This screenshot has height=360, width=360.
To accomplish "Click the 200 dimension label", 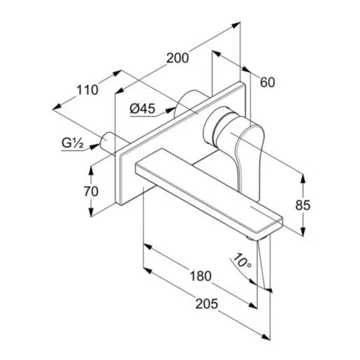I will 178,59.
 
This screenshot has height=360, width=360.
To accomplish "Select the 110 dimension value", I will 87,89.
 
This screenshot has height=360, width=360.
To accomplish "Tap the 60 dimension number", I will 267,82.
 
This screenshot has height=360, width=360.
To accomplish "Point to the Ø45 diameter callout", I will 143,108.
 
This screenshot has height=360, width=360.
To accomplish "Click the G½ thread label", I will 72,143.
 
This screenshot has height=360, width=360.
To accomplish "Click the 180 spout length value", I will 200,275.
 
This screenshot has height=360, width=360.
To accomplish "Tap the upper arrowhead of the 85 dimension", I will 303,177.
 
